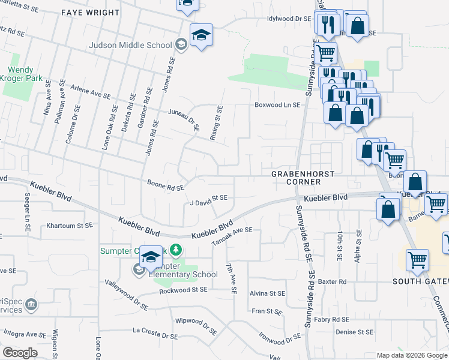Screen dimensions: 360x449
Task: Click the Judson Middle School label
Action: pyautogui.click(x=130, y=44)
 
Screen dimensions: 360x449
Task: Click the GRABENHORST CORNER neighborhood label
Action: pyautogui.click(x=301, y=177)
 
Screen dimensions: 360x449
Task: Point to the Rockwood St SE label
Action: pyautogui.click(x=183, y=290)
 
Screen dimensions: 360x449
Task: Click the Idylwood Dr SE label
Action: pyautogui.click(x=289, y=19)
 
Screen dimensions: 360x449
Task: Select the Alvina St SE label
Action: pyautogui.click(x=268, y=293)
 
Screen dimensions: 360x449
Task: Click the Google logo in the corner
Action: pyautogui.click(x=20, y=353)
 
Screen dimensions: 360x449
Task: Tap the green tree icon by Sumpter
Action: pyautogui.click(x=175, y=249)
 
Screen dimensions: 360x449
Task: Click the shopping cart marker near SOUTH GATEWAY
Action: pyautogui.click(x=417, y=260)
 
